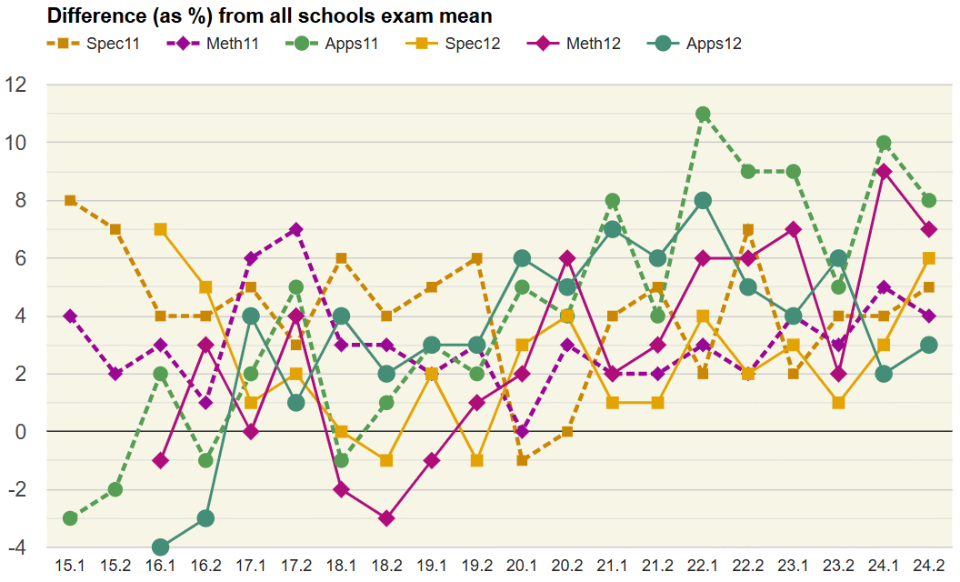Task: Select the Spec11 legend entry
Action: (92, 43)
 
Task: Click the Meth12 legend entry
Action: (569, 43)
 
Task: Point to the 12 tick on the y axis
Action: (15, 85)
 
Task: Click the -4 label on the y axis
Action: (15, 547)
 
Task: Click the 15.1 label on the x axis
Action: (70, 566)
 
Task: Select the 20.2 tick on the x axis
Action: (567, 566)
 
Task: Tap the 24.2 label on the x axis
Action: (929, 566)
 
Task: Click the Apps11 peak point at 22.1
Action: (703, 114)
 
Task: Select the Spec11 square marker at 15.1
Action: (70, 200)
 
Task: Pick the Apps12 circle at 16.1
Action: (161, 547)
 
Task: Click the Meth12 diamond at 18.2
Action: (386, 518)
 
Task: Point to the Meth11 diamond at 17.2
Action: (296, 229)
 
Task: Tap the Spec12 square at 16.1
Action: (161, 229)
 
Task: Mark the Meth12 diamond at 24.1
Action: (884, 171)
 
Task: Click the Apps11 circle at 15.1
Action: (70, 518)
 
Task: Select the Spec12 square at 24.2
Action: (929, 258)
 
